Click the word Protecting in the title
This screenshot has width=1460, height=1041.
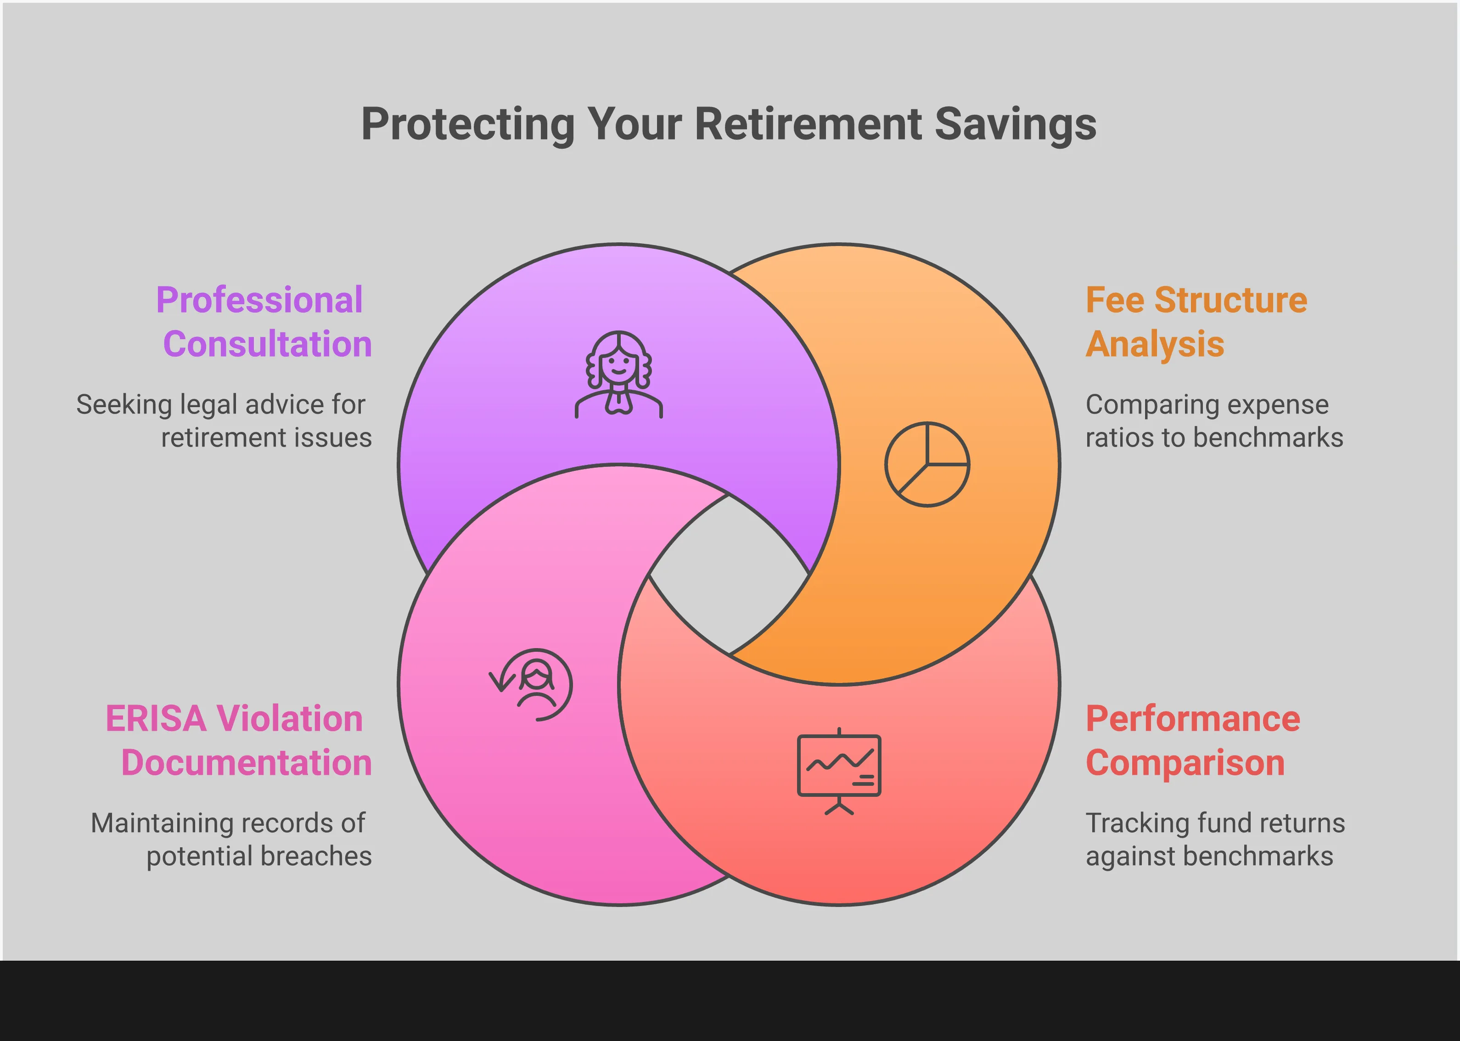click(468, 125)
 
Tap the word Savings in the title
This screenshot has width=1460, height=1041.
click(1016, 125)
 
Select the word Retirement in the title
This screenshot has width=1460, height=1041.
click(809, 124)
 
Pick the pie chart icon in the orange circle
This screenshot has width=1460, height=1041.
click(927, 464)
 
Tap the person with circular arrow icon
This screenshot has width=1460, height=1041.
click(531, 685)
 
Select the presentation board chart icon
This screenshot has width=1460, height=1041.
click(839, 771)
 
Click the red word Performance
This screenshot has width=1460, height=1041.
click(1193, 719)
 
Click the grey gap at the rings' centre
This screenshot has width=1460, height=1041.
click(729, 574)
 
